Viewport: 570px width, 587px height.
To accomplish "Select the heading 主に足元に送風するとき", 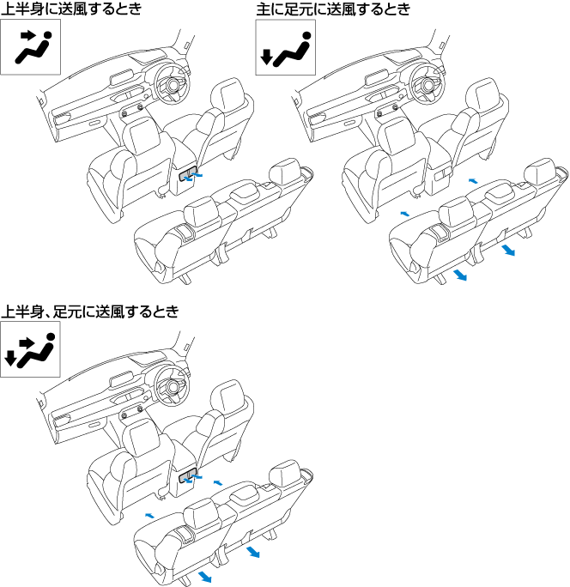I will pyautogui.click(x=334, y=10).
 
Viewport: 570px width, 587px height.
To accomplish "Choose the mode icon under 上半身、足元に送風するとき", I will pyautogui.click(x=30, y=349).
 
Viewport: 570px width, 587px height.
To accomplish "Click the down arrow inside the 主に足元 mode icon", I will pyautogui.click(x=267, y=58).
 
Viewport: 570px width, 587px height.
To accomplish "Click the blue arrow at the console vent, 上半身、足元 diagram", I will pyautogui.click(x=197, y=474).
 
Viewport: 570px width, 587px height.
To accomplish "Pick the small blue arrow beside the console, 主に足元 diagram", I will pyautogui.click(x=472, y=182).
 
